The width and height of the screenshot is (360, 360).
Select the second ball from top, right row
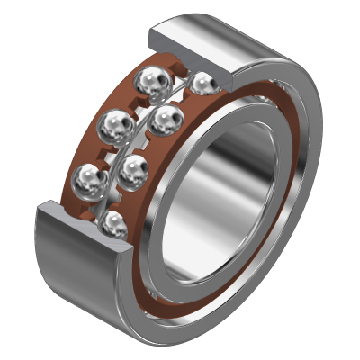tap(164, 121)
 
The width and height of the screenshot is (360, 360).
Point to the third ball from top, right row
tap(133, 168)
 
